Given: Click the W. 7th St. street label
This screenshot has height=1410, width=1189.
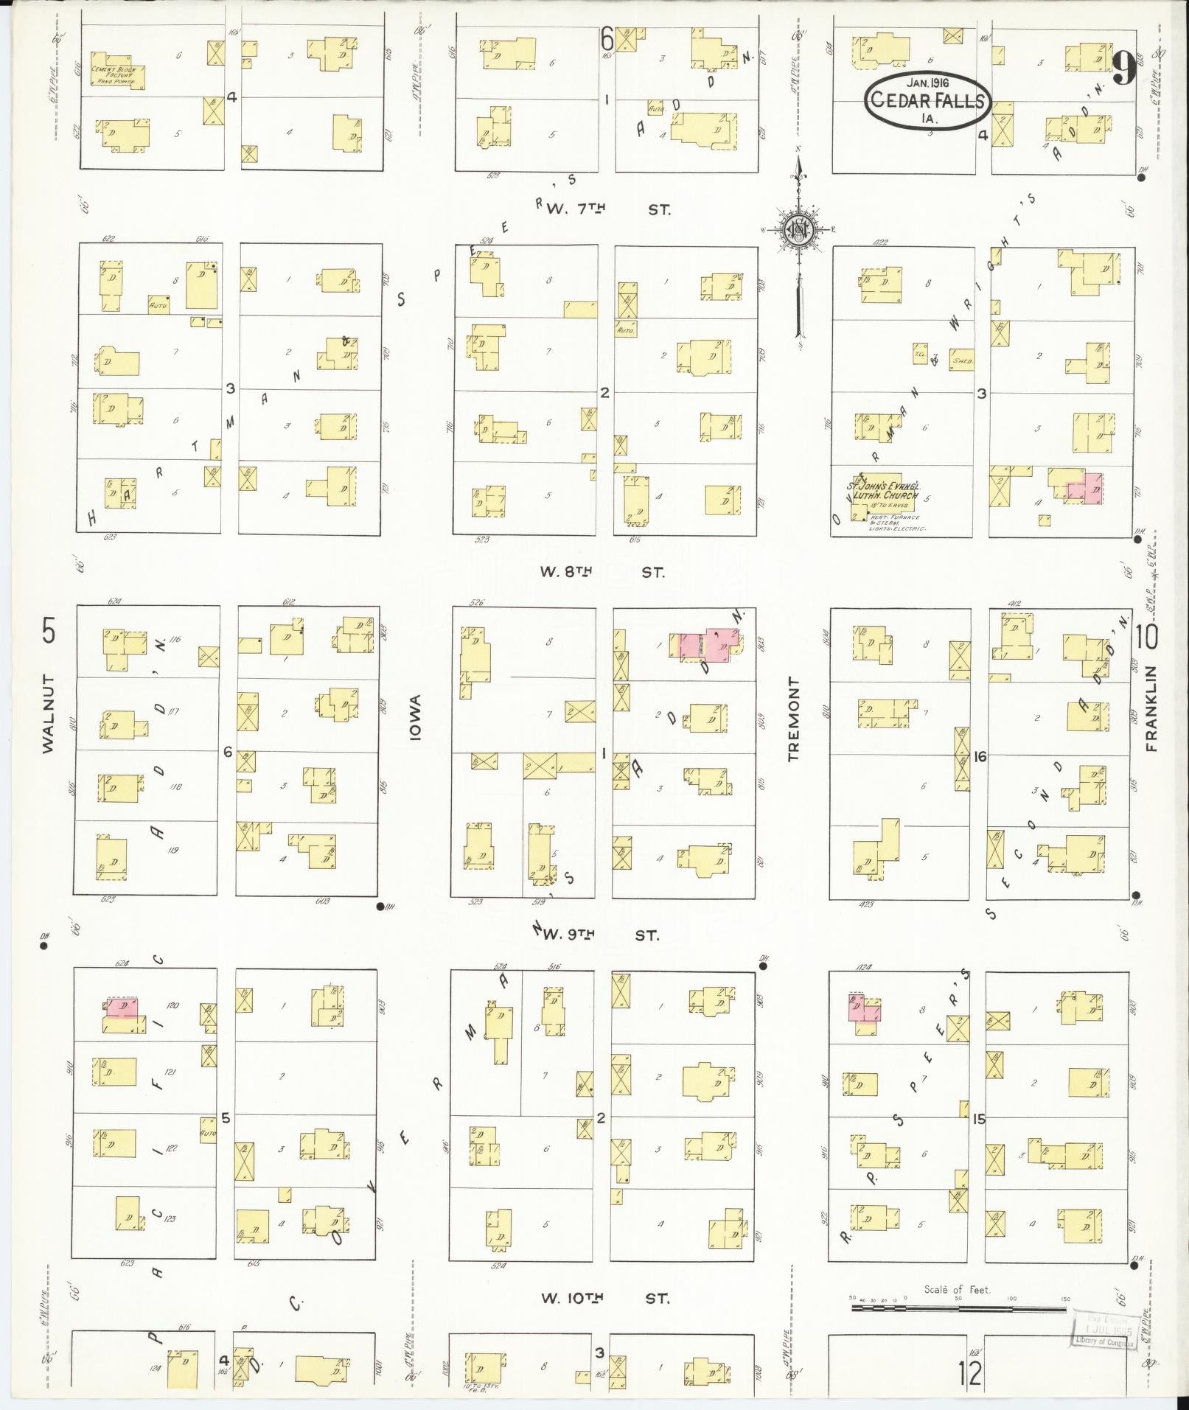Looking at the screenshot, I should pyautogui.click(x=607, y=209).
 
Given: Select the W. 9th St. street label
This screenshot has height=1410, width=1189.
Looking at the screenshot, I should pyautogui.click(x=599, y=935).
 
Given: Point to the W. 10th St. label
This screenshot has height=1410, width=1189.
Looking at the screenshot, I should pyautogui.click(x=605, y=1298).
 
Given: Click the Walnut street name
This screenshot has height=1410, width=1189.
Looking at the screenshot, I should pyautogui.click(x=49, y=713).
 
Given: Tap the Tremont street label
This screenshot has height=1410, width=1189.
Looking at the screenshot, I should pyautogui.click(x=794, y=719).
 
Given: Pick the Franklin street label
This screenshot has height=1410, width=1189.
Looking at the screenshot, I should pyautogui.click(x=1152, y=708).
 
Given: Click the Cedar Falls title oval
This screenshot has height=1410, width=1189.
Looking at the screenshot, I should pyautogui.click(x=927, y=101).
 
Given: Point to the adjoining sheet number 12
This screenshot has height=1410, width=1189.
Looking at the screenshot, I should pyautogui.click(x=972, y=1372).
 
